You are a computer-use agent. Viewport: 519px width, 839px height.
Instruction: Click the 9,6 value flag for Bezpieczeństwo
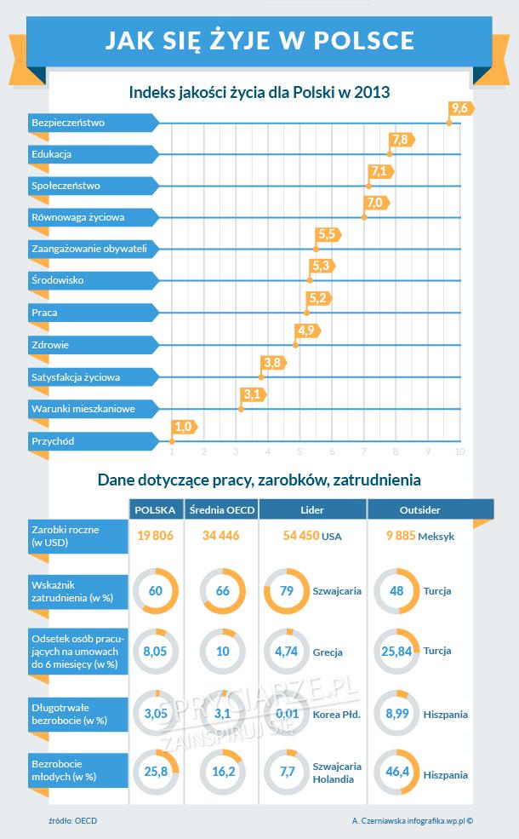(x=461, y=108)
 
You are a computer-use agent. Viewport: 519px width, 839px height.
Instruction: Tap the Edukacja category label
(x=51, y=154)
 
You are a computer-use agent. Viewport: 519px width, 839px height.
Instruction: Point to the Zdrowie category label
(x=50, y=345)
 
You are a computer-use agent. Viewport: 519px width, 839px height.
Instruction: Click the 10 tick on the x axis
(x=460, y=451)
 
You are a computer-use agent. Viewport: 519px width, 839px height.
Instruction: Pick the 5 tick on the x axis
(x=299, y=451)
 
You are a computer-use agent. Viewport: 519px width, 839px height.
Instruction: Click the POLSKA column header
(x=156, y=509)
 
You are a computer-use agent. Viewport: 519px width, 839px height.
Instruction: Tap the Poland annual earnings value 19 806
(x=156, y=537)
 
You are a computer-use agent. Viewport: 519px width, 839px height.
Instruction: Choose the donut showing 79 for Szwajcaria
(x=288, y=590)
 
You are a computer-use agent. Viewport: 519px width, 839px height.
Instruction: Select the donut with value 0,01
(x=288, y=714)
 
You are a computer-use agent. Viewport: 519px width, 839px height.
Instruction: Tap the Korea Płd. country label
(x=337, y=715)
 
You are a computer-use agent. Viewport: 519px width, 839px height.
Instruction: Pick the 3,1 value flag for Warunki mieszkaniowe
(x=252, y=394)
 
